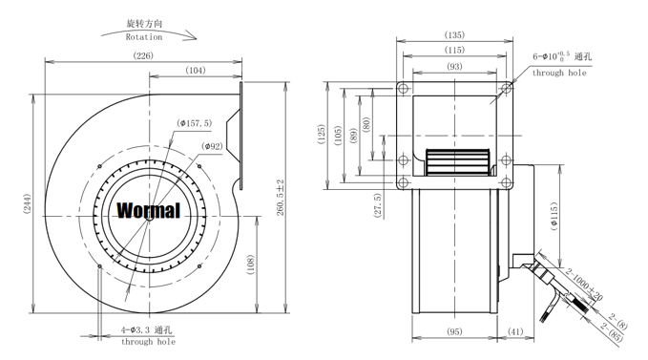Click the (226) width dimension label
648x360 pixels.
pyautogui.click(x=143, y=55)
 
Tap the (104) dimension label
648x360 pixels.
pyautogui.click(x=196, y=71)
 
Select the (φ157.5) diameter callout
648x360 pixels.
pyautogui.click(x=194, y=123)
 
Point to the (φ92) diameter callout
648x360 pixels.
pyautogui.click(x=212, y=146)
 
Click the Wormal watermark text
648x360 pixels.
pyautogui.click(x=149, y=210)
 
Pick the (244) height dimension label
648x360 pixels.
pyautogui.click(x=27, y=203)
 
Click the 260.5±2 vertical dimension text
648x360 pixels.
pyautogui.click(x=281, y=198)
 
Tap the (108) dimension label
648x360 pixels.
pyautogui.click(x=250, y=265)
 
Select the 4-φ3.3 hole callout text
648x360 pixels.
pyautogui.click(x=146, y=329)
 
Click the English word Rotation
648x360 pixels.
pyautogui.click(x=144, y=37)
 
